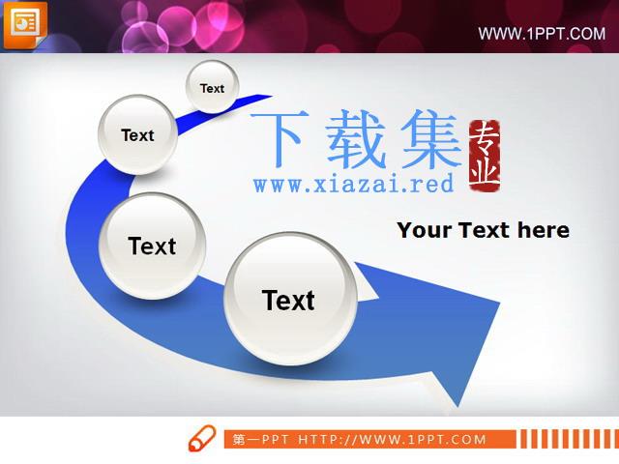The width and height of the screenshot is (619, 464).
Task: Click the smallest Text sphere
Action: pyautogui.click(x=213, y=87)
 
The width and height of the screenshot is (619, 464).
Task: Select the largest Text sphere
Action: pyautogui.click(x=290, y=299)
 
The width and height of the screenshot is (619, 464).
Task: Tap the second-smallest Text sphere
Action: pyautogui.click(x=137, y=134)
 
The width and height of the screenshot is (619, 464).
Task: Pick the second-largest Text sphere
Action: pyautogui.click(x=153, y=246)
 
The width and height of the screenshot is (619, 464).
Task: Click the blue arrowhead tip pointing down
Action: pyautogui.click(x=457, y=406)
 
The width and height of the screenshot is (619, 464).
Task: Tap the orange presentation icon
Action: pyautogui.click(x=25, y=24)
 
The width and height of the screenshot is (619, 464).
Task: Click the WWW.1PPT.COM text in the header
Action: pyautogui.click(x=542, y=34)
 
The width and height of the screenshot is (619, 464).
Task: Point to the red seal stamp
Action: pyautogui.click(x=485, y=157)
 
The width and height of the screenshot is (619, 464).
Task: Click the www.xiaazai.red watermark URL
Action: pyautogui.click(x=353, y=185)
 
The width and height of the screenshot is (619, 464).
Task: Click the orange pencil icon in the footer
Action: pyautogui.click(x=202, y=438)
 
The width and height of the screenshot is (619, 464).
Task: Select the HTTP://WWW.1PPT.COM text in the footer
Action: pyautogui.click(x=392, y=440)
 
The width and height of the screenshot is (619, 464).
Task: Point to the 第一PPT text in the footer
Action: pyautogui.click(x=260, y=440)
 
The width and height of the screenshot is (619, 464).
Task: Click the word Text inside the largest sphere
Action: pyautogui.click(x=288, y=301)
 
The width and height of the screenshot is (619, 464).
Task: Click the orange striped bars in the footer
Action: pyautogui.click(x=570, y=439)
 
